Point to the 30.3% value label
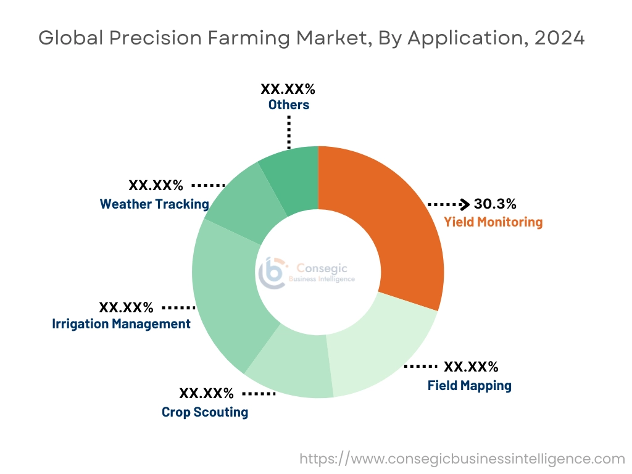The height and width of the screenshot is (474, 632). click(495, 204)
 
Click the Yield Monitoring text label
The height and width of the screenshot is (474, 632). click(493, 222)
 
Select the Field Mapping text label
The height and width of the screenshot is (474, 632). click(469, 386)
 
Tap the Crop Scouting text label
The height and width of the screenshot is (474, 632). click(205, 412)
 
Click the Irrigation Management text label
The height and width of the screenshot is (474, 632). click(121, 324)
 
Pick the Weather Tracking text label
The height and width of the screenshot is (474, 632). click(154, 204)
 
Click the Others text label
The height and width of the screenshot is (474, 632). click(288, 105)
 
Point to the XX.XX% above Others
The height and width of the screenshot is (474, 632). click(288, 88)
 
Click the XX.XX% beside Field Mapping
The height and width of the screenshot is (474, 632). click(471, 367)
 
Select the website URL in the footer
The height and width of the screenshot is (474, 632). click(462, 459)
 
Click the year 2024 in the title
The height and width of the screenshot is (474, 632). click(559, 38)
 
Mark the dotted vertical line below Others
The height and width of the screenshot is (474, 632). click(288, 131)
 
